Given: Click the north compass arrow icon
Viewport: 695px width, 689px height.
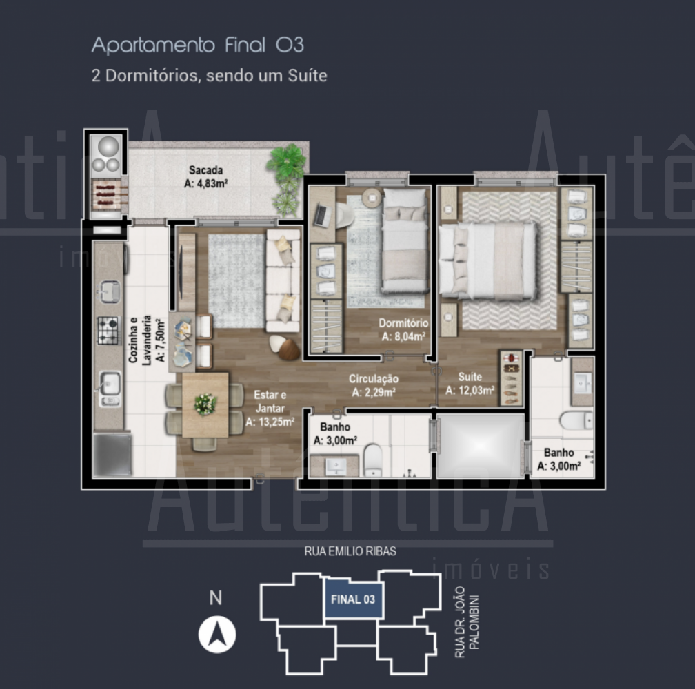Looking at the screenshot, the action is point(217,634).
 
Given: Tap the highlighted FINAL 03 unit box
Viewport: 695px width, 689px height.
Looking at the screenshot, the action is point(353,599).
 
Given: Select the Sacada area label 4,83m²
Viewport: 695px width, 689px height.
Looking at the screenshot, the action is point(205,176).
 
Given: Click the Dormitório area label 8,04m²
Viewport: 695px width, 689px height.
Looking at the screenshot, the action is point(403,330).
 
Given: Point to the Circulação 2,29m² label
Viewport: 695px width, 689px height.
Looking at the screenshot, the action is point(374,385).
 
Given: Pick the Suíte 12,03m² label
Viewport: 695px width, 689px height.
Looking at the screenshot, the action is point(470,384).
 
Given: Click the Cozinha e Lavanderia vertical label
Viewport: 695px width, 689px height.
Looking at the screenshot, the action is point(147,340).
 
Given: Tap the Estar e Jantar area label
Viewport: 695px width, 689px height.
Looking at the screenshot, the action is point(270,409).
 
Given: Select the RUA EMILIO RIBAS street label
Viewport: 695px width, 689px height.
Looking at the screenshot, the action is point(350,551).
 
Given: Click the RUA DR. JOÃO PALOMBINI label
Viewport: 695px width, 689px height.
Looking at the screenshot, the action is point(467,621).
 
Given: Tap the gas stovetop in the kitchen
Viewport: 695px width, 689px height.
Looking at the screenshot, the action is point(109,330).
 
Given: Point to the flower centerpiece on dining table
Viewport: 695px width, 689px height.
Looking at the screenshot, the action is point(205,404).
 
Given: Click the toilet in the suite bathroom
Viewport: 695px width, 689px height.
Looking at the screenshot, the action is point(576,420).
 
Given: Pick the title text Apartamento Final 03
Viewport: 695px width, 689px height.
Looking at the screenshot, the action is point(198,45).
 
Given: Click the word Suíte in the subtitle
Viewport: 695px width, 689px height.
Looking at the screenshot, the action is point(308,76).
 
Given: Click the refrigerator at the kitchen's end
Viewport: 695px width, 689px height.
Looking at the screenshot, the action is point(112,454).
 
